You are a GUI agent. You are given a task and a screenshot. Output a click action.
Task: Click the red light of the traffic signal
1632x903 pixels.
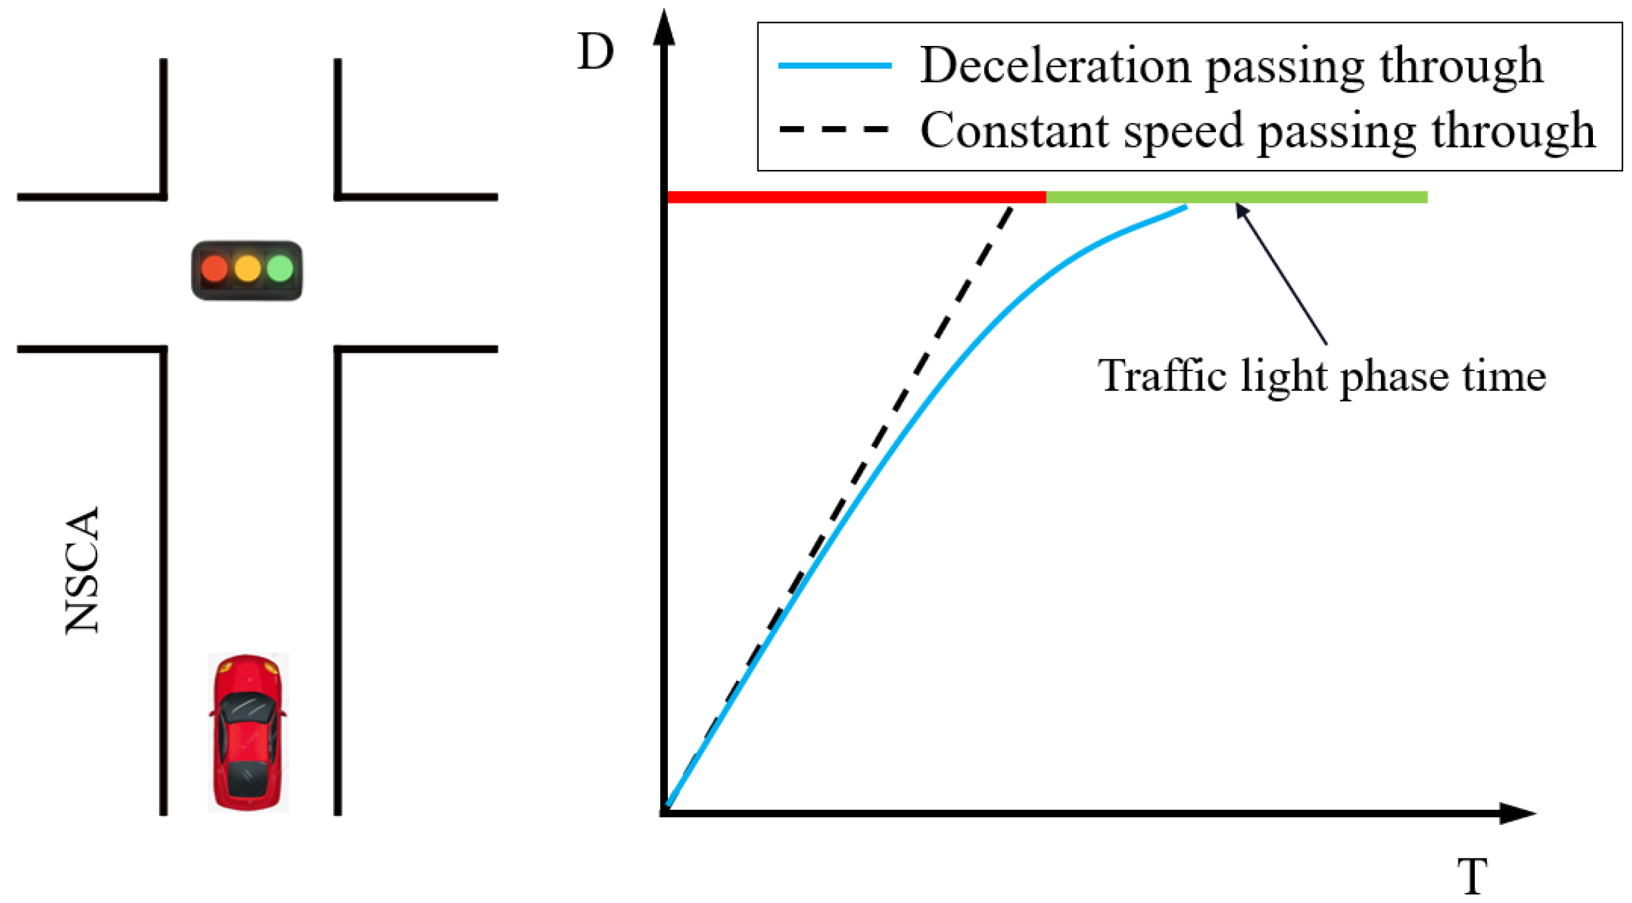click(x=214, y=268)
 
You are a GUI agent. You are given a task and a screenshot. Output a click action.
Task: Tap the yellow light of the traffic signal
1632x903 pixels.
click(x=247, y=268)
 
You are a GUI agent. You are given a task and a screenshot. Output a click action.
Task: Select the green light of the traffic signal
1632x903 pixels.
click(x=280, y=268)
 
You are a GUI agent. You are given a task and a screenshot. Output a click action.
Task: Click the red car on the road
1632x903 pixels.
click(x=248, y=733)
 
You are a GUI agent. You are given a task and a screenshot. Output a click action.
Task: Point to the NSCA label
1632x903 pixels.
click(x=83, y=570)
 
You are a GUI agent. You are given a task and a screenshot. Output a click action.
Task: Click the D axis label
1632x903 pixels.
click(x=595, y=52)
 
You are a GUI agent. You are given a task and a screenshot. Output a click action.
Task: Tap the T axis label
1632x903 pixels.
click(x=1472, y=877)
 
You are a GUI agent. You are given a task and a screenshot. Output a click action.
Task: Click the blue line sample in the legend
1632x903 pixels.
click(x=834, y=66)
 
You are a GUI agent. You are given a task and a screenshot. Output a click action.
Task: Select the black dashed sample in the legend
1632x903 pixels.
click(x=834, y=130)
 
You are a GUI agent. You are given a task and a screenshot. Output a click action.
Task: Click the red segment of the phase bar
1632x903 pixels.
click(x=855, y=198)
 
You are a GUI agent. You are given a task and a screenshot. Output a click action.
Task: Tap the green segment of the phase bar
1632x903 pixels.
click(x=1235, y=198)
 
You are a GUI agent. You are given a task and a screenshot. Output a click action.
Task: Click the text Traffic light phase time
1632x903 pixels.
click(x=1322, y=376)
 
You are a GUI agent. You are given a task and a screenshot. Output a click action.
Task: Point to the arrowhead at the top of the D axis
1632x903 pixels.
click(x=664, y=28)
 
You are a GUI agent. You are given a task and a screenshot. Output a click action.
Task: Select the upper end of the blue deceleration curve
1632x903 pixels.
click(x=1185, y=207)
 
